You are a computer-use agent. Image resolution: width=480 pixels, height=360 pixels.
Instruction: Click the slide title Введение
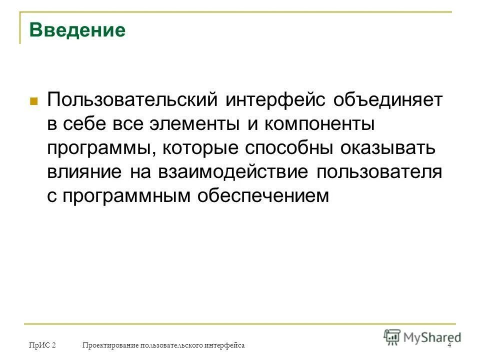(77, 30)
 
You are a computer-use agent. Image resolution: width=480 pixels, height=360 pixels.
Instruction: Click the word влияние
(84, 171)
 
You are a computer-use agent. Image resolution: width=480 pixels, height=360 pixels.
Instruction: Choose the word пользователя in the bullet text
(379, 171)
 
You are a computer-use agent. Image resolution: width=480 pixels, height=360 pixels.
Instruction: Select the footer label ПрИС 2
(42, 345)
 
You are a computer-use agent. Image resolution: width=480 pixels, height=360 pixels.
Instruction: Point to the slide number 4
(449, 345)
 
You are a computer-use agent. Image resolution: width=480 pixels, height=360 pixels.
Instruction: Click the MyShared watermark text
(432, 337)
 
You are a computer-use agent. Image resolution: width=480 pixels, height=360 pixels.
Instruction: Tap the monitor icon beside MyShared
(393, 337)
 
